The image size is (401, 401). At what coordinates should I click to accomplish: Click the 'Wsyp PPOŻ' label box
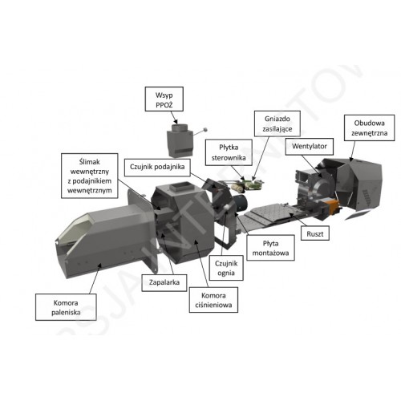[x=164, y=99]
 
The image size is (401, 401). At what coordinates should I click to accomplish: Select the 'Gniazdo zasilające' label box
[x=277, y=124]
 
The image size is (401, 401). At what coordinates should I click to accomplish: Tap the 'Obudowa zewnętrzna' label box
[x=369, y=128]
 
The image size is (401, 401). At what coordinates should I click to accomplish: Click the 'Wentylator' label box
[x=310, y=147]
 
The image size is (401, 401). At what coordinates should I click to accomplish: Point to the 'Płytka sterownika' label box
[x=229, y=152]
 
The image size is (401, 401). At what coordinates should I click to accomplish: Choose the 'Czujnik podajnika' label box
[x=157, y=168]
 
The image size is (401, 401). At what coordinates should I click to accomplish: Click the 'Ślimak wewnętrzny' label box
[x=90, y=176]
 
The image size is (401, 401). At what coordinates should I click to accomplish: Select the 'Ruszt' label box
[x=315, y=233]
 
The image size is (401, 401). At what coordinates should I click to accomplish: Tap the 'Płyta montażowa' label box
[x=270, y=248]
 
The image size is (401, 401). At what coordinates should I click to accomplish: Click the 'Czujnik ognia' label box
[x=226, y=268]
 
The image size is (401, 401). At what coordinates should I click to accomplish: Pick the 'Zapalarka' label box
[x=164, y=282]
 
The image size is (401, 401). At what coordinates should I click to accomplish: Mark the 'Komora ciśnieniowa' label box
[x=213, y=300]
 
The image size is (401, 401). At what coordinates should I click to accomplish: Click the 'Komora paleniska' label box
[x=66, y=307]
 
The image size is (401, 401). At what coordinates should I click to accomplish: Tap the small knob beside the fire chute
[x=205, y=130]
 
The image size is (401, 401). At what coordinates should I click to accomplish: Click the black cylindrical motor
[x=241, y=202]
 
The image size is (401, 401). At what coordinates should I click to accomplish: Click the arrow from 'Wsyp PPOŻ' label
[x=174, y=117]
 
